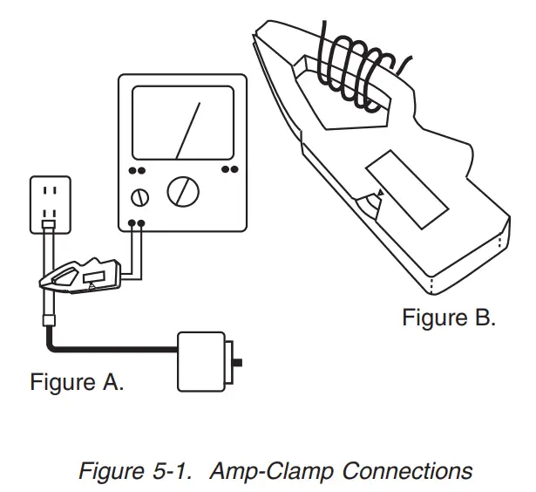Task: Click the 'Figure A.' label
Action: pos(77,383)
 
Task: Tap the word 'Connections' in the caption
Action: pos(407,471)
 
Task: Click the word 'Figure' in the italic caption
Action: pos(111,471)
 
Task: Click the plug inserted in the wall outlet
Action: pos(51,226)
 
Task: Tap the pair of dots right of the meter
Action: pos(229,170)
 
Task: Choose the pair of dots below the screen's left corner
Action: pos(137,171)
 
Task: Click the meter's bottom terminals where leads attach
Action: pos(137,223)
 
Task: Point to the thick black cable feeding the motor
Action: pos(113,350)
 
